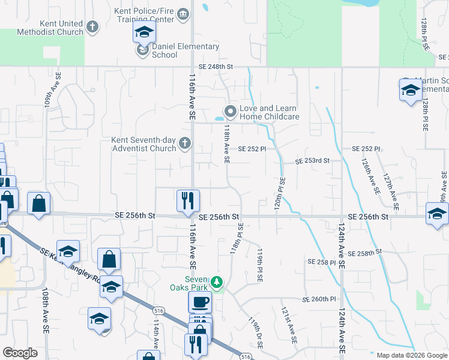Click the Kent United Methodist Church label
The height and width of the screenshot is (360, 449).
tap(53, 28)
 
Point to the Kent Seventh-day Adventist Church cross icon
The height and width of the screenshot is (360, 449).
tap(185, 143)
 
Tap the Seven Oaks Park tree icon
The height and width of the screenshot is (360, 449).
tap(218, 282)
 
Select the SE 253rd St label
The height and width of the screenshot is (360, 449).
tap(313, 161)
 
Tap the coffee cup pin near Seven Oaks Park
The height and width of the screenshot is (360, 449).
tap(200, 302)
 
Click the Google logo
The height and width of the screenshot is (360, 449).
tap(20, 353)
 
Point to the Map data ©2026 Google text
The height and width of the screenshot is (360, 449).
tap(411, 355)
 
